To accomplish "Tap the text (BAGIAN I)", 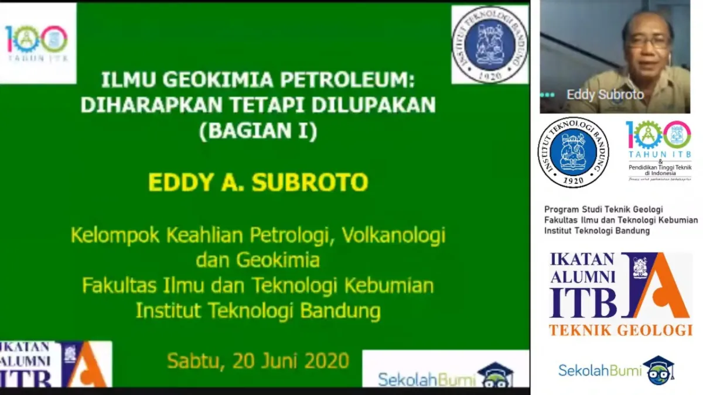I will [258, 130].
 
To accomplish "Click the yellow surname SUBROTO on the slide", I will [310, 182].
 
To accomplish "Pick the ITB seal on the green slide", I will [490, 44].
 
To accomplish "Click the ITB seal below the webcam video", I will [573, 152].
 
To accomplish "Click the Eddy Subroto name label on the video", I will [605, 95].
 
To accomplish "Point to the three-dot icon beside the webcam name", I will [547, 95].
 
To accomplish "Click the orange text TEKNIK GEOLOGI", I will [620, 330].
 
